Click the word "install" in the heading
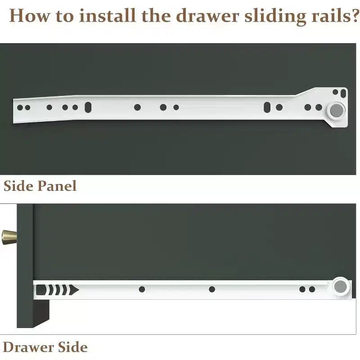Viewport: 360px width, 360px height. (107, 16)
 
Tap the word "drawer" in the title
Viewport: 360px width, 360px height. (207, 16)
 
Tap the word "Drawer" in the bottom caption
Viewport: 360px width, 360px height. (28, 347)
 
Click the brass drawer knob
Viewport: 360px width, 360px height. (9, 237)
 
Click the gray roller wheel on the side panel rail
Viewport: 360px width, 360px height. (337, 110)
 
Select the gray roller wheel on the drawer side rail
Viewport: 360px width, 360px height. (340, 287)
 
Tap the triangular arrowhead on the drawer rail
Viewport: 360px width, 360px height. (74, 290)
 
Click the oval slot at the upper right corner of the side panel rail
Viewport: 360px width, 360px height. (343, 94)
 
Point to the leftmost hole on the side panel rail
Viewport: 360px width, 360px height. (20, 108)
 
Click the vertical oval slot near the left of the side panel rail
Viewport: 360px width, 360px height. (88, 107)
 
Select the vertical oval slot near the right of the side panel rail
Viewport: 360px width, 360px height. (267, 107)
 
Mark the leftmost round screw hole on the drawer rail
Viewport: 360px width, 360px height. (142, 289)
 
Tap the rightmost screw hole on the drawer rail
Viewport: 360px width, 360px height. (312, 289)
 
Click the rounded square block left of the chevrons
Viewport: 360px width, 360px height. (41, 290)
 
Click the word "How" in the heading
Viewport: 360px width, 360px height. (29, 16)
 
